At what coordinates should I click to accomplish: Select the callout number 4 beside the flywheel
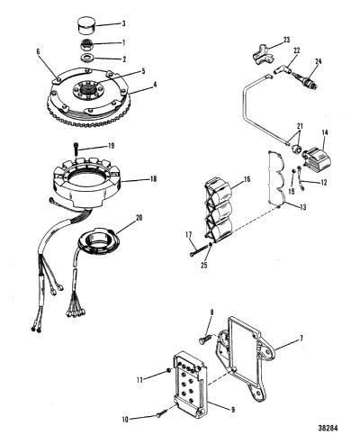[155, 85]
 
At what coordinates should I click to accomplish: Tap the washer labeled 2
[88, 58]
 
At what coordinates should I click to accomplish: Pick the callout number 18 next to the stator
[153, 179]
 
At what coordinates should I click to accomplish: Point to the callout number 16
[247, 179]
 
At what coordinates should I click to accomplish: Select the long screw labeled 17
[200, 250]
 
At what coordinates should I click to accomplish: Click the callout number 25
[204, 266]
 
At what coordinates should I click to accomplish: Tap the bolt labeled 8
[206, 340]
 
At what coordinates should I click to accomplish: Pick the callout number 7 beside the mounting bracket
[301, 339]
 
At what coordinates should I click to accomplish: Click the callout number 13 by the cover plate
[302, 207]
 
